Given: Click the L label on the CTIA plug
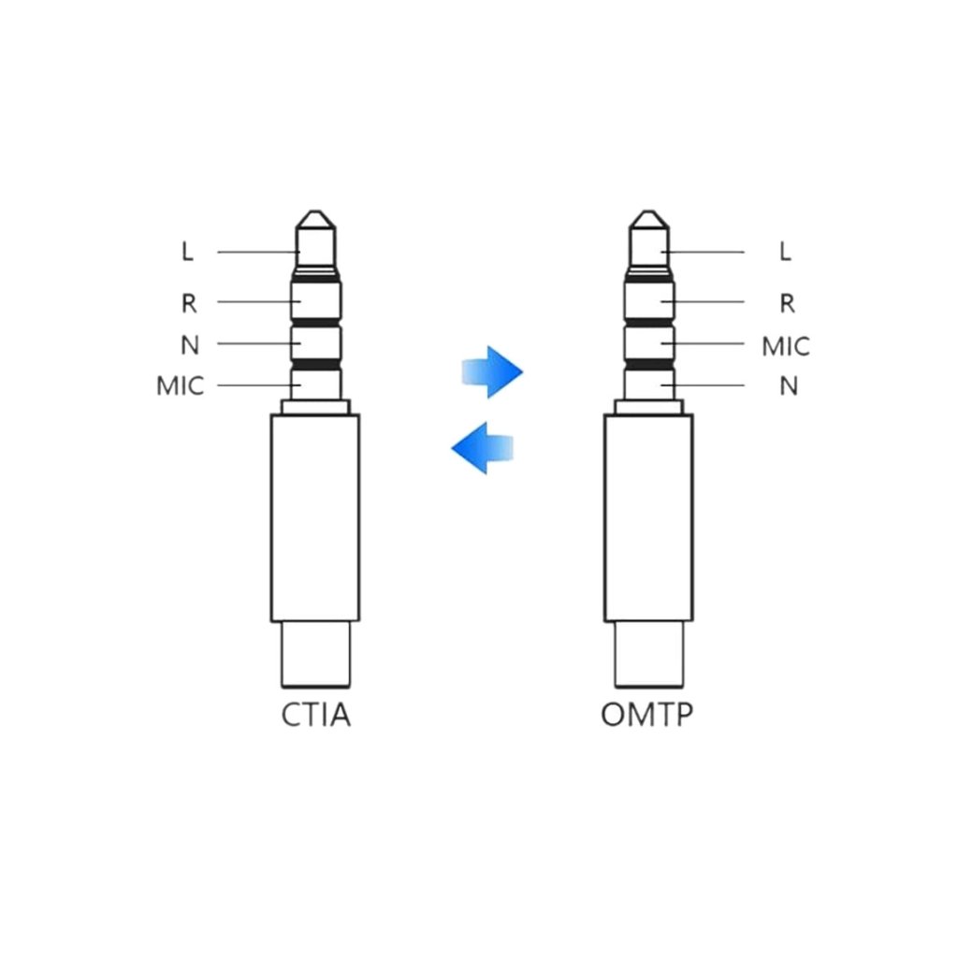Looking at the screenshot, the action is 188,253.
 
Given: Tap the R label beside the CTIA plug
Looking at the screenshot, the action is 189,303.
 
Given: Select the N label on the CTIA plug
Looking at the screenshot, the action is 190,345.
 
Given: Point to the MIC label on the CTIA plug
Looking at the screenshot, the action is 180,386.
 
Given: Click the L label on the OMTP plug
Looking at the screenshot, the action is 785,252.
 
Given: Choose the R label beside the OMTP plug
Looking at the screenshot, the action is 787,303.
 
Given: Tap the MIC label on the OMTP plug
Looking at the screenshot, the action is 786,346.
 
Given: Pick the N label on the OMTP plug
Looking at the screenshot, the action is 789,386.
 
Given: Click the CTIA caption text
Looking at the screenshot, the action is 316,716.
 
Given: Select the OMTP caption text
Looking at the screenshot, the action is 648,716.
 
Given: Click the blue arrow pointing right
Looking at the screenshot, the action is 492,372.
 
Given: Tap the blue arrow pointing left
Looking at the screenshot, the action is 482,447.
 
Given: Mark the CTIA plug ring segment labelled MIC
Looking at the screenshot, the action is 316,382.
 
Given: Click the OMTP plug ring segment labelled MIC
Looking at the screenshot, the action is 648,342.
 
